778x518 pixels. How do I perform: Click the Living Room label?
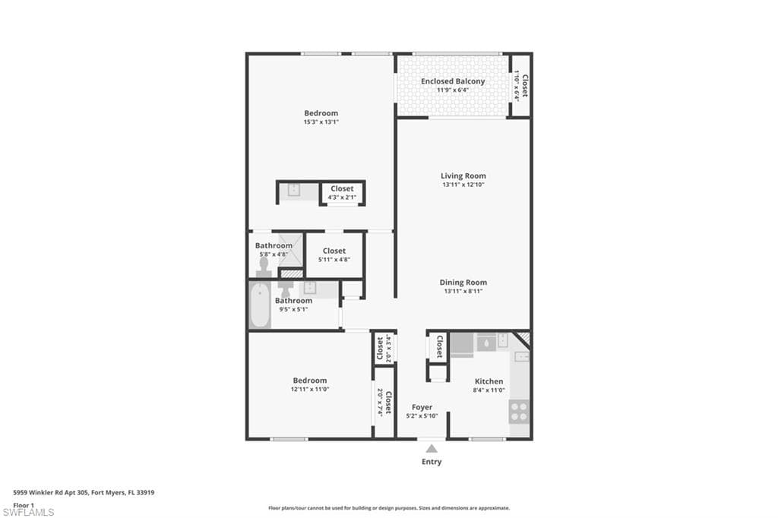click(463, 175)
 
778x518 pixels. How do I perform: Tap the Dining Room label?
click(463, 282)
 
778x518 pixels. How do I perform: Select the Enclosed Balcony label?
click(453, 81)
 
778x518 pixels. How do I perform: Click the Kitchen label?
click(489, 381)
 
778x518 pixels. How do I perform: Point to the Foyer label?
click(422, 407)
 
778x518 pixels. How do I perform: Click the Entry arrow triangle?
click(431, 449)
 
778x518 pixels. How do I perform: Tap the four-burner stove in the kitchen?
click(519, 412)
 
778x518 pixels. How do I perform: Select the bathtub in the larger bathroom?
click(260, 305)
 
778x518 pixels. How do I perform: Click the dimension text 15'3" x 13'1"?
click(321, 122)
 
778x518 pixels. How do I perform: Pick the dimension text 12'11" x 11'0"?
click(309, 389)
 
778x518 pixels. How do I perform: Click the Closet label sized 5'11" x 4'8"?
click(334, 251)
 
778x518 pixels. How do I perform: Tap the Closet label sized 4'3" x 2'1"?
click(342, 188)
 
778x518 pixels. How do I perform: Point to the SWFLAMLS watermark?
click(28, 512)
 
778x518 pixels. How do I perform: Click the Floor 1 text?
click(24, 504)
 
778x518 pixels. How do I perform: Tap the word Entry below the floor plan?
click(431, 462)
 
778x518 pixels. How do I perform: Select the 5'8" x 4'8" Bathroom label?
click(274, 245)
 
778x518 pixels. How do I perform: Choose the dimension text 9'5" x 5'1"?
click(293, 309)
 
